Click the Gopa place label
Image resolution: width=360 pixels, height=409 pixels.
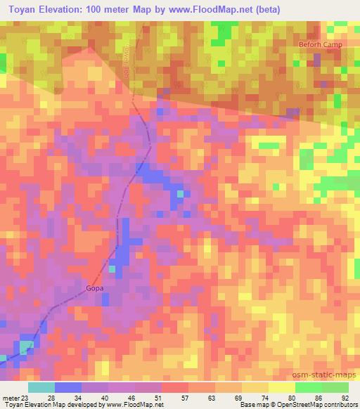click(x=94, y=287)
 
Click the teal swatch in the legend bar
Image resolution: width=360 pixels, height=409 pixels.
click(x=41, y=387)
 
